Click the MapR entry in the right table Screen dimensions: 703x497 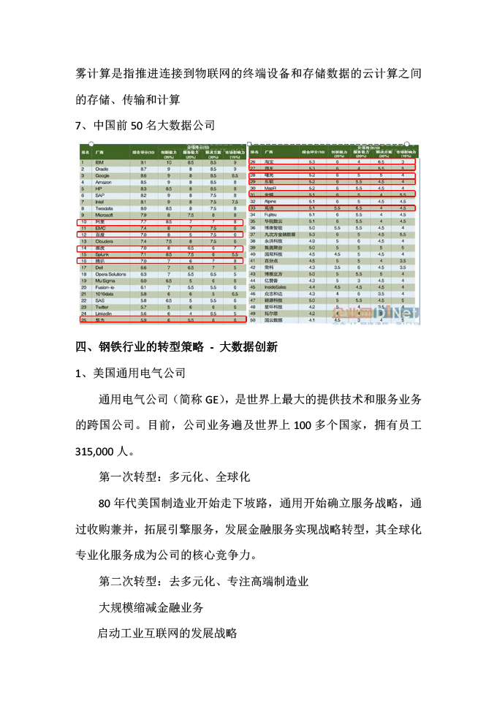pos(271,188)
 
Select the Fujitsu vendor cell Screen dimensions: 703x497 pos(272,214)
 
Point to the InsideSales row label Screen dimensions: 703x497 pos(276,287)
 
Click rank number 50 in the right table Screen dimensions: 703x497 pos(252,319)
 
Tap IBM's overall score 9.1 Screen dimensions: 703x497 pos(143,162)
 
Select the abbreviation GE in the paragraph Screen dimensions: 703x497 pos(211,398)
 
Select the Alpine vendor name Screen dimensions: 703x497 pos(272,201)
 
